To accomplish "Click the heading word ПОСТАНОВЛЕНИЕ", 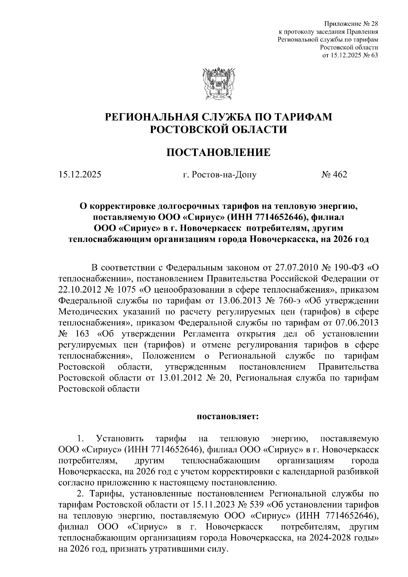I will pyautogui.click(x=218, y=153).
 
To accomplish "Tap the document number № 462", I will pyautogui.click(x=334, y=175).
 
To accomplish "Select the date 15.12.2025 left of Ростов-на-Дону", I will pyautogui.click(x=80, y=175).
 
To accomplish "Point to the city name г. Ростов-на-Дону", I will pyautogui.click(x=219, y=175).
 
